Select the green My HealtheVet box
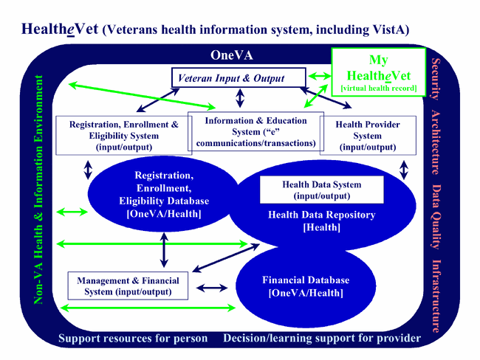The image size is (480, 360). [377, 72]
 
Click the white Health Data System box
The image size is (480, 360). [321, 190]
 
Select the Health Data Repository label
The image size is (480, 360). [321, 221]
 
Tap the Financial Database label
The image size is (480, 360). [306, 286]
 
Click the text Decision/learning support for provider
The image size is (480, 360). [322, 339]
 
